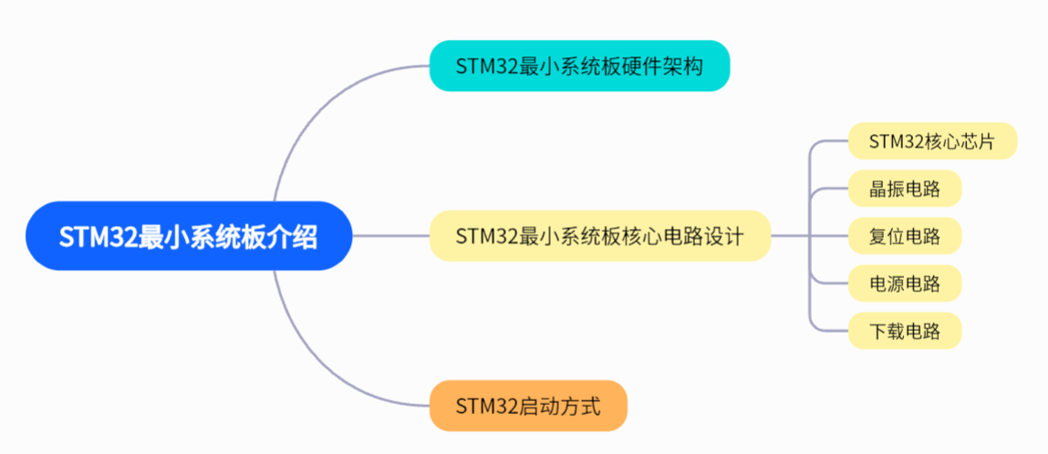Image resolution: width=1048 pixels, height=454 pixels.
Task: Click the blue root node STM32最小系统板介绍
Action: pyautogui.click(x=189, y=236)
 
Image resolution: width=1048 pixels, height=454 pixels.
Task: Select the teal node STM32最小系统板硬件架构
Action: pyautogui.click(x=579, y=66)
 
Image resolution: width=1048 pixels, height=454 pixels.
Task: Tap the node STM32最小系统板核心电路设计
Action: pyautogui.click(x=599, y=236)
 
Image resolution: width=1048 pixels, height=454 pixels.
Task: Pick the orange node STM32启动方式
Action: pyautogui.click(x=528, y=406)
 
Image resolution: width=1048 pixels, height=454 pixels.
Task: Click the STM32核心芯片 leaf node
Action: pyautogui.click(x=931, y=141)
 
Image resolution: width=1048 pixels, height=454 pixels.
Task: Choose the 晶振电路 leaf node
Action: pyautogui.click(x=904, y=189)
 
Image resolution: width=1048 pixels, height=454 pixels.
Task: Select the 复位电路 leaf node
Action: pyautogui.click(x=904, y=236)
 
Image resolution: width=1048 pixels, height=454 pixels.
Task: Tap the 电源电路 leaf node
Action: pyautogui.click(x=904, y=284)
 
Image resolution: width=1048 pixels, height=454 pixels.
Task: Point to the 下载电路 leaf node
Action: pyautogui.click(x=904, y=330)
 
